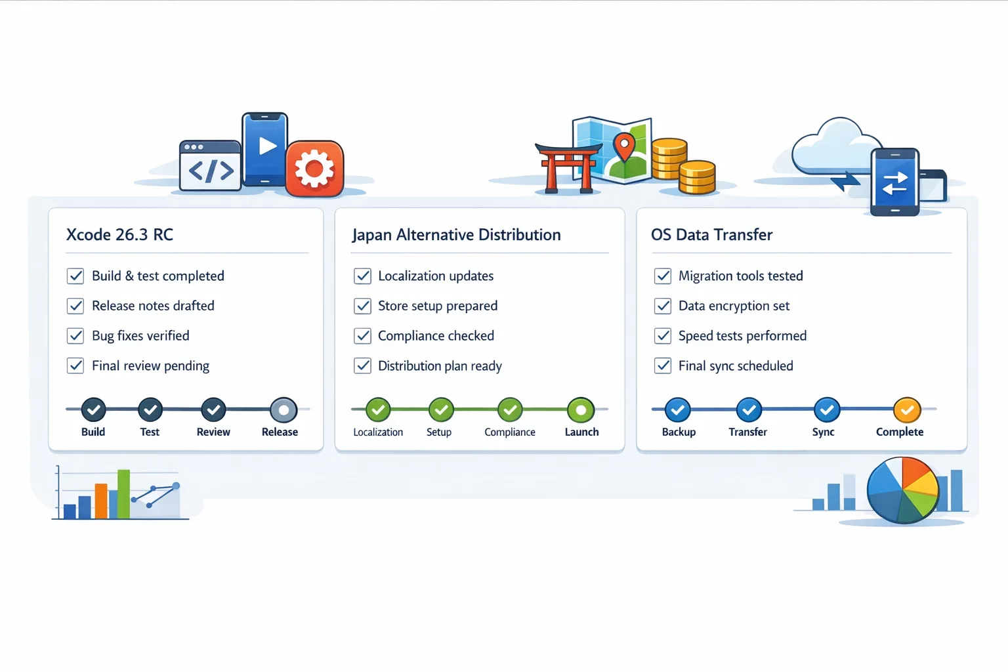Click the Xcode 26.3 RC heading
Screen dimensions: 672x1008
[x=119, y=235]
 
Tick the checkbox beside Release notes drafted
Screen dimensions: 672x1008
[x=75, y=306]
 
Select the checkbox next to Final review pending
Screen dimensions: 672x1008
[x=75, y=366]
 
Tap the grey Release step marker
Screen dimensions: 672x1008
[x=283, y=410]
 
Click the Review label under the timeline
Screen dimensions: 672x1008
[x=213, y=432]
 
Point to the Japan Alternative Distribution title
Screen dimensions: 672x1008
[x=456, y=235]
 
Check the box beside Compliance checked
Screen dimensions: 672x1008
[x=363, y=336]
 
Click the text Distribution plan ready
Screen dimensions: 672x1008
[x=440, y=366]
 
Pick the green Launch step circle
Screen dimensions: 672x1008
[x=581, y=410]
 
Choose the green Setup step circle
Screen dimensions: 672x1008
[x=441, y=410]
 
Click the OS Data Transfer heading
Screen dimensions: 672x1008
[x=711, y=235]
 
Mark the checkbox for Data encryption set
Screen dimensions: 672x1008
[x=663, y=306]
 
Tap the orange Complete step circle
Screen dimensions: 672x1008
[x=907, y=410]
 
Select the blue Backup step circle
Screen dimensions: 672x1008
[x=677, y=410]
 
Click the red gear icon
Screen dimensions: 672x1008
[x=314, y=169]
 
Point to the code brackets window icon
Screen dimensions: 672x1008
[x=210, y=166]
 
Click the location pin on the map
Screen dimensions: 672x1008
[x=624, y=146]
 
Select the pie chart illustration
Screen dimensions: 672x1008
[x=903, y=490]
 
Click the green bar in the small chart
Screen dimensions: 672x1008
[x=123, y=493]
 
